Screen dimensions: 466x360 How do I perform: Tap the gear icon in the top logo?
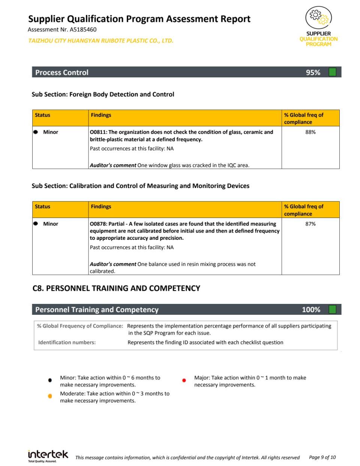(x=318, y=17)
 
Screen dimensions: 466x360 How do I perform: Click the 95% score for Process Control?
(x=313, y=72)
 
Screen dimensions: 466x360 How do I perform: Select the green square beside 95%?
(x=332, y=72)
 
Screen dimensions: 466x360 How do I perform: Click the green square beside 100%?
(x=332, y=310)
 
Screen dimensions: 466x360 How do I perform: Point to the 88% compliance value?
(x=310, y=132)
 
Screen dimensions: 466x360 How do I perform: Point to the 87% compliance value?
(x=310, y=224)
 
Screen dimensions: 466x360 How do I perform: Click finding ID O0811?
(x=98, y=132)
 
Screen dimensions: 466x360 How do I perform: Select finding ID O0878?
(x=98, y=224)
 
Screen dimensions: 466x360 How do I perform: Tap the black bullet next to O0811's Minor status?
(x=36, y=132)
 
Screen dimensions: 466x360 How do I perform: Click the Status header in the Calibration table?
(x=42, y=207)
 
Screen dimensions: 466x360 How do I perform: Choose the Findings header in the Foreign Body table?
(x=101, y=115)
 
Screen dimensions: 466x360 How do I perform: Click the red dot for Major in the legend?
(x=184, y=380)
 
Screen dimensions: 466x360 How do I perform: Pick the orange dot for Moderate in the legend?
(x=50, y=396)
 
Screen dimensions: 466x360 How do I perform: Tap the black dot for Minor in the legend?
(x=50, y=380)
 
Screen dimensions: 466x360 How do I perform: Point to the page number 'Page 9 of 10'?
(x=322, y=457)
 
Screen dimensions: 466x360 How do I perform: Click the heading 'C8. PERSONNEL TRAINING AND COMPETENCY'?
(x=116, y=289)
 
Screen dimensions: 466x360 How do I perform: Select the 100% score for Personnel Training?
(x=311, y=310)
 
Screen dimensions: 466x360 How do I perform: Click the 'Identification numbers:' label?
(x=67, y=343)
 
